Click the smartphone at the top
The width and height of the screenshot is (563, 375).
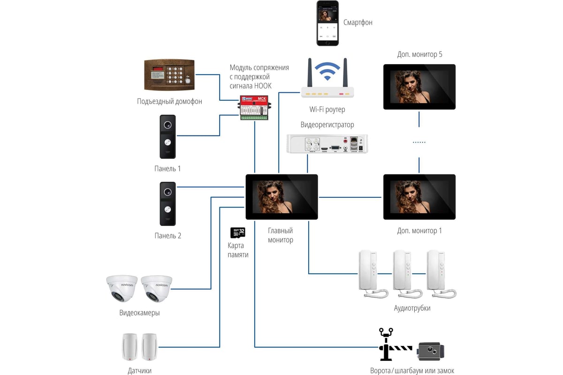[x=327, y=23]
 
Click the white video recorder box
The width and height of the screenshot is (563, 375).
[x=327, y=143]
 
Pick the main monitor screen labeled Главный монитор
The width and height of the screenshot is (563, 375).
[x=282, y=197]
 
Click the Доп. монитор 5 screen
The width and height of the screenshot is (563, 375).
[x=419, y=87]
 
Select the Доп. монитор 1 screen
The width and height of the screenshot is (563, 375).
[x=419, y=197]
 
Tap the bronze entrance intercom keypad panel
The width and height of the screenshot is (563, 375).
[x=169, y=75]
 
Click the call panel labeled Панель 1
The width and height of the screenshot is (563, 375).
[x=167, y=136]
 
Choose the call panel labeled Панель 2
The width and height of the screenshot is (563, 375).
[x=167, y=203]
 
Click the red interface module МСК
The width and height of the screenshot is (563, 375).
[x=254, y=107]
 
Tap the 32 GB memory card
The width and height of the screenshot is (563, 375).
[x=238, y=232]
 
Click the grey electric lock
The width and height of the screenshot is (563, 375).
[x=431, y=351]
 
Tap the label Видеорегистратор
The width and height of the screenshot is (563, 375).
[x=327, y=125]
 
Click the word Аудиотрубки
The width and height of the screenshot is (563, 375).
[x=412, y=308]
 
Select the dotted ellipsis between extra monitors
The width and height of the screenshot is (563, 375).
[x=419, y=142]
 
